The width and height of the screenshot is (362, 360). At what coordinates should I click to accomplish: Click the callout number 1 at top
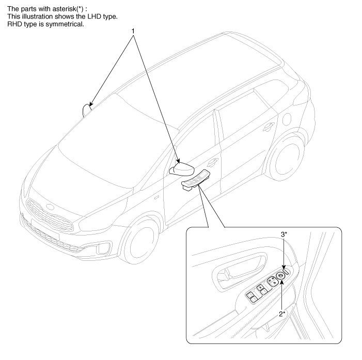pos(133,30)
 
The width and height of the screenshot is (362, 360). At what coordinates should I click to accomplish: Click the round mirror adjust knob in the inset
pos(280,277)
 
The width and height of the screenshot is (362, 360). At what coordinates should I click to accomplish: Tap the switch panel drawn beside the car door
pos(195,180)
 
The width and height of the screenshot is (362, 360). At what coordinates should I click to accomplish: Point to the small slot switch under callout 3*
pos(286,269)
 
